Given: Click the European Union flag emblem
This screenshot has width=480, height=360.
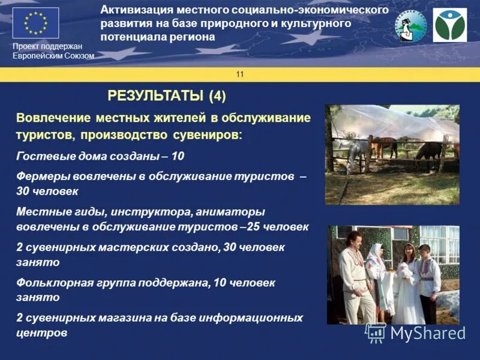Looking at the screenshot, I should tap(35, 23).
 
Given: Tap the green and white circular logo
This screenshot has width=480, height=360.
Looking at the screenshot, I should tap(449, 25).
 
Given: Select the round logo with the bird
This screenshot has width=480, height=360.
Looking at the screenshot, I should tap(410, 26).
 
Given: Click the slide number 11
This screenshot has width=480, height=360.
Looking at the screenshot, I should tap(240, 74).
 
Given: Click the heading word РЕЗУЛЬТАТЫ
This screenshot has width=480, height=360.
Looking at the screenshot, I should tap(157, 95).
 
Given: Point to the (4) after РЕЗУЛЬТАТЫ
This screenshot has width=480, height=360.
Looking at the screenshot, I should tap(218, 95).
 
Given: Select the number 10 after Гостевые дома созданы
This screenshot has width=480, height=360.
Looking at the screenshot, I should tap(178, 156).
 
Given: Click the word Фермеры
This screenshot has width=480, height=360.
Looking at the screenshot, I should tap(40, 177).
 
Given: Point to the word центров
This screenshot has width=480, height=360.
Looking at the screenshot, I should tap(41, 332).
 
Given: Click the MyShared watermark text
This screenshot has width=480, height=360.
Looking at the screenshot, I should tap(427, 333).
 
